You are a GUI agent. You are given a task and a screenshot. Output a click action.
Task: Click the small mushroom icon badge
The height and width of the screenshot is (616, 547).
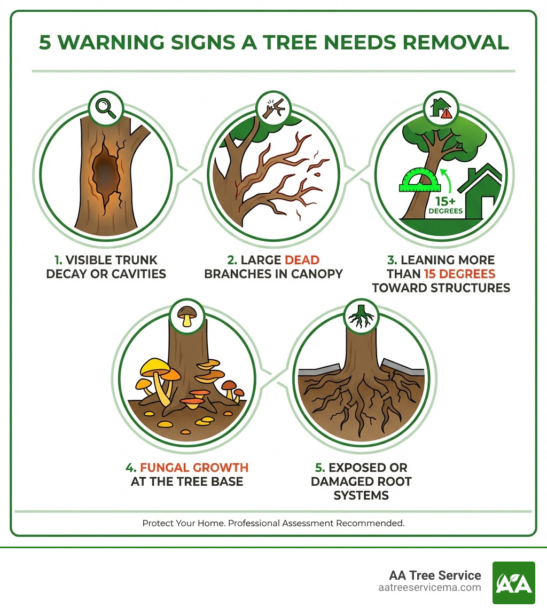(x=186, y=316)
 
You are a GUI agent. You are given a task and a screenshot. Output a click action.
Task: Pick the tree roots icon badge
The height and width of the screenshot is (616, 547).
(x=360, y=316)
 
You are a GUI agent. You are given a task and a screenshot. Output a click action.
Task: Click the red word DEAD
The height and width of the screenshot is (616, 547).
(x=302, y=260)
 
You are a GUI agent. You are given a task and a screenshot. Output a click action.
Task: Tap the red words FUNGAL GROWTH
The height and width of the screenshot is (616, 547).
(x=194, y=468)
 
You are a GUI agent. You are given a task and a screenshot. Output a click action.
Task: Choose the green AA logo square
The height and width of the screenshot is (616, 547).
(x=513, y=582)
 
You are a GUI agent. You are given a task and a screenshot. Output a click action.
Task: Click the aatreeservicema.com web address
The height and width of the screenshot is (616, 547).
(x=429, y=588)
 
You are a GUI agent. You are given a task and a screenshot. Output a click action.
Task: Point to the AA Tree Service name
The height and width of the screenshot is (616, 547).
(x=435, y=575)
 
